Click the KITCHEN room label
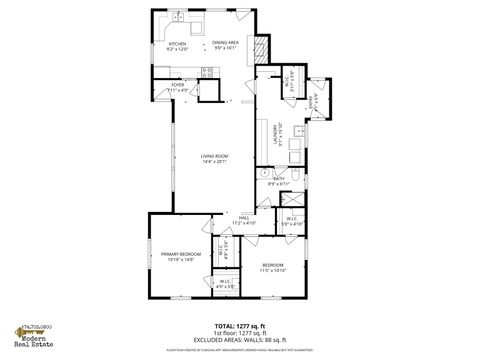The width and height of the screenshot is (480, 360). coord(177,43)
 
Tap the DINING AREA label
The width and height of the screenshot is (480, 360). coord(224,42)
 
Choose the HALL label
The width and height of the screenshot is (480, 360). coord(243,217)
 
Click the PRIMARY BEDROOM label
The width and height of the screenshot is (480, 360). coord(181,254)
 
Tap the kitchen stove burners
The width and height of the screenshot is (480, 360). coord(208,71)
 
